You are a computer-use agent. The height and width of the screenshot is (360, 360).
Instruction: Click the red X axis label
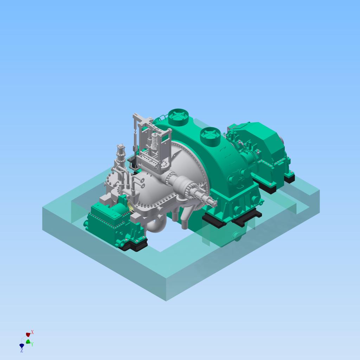(x=32, y=332)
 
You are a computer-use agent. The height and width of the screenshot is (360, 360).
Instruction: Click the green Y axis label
(x=32, y=344)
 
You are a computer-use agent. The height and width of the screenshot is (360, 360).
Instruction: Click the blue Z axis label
(x=21, y=351)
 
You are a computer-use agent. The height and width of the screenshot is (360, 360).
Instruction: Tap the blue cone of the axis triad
(x=22, y=346)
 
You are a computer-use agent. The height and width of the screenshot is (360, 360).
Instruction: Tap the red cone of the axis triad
(x=28, y=335)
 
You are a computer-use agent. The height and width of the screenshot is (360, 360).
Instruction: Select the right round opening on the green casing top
(x=210, y=136)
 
